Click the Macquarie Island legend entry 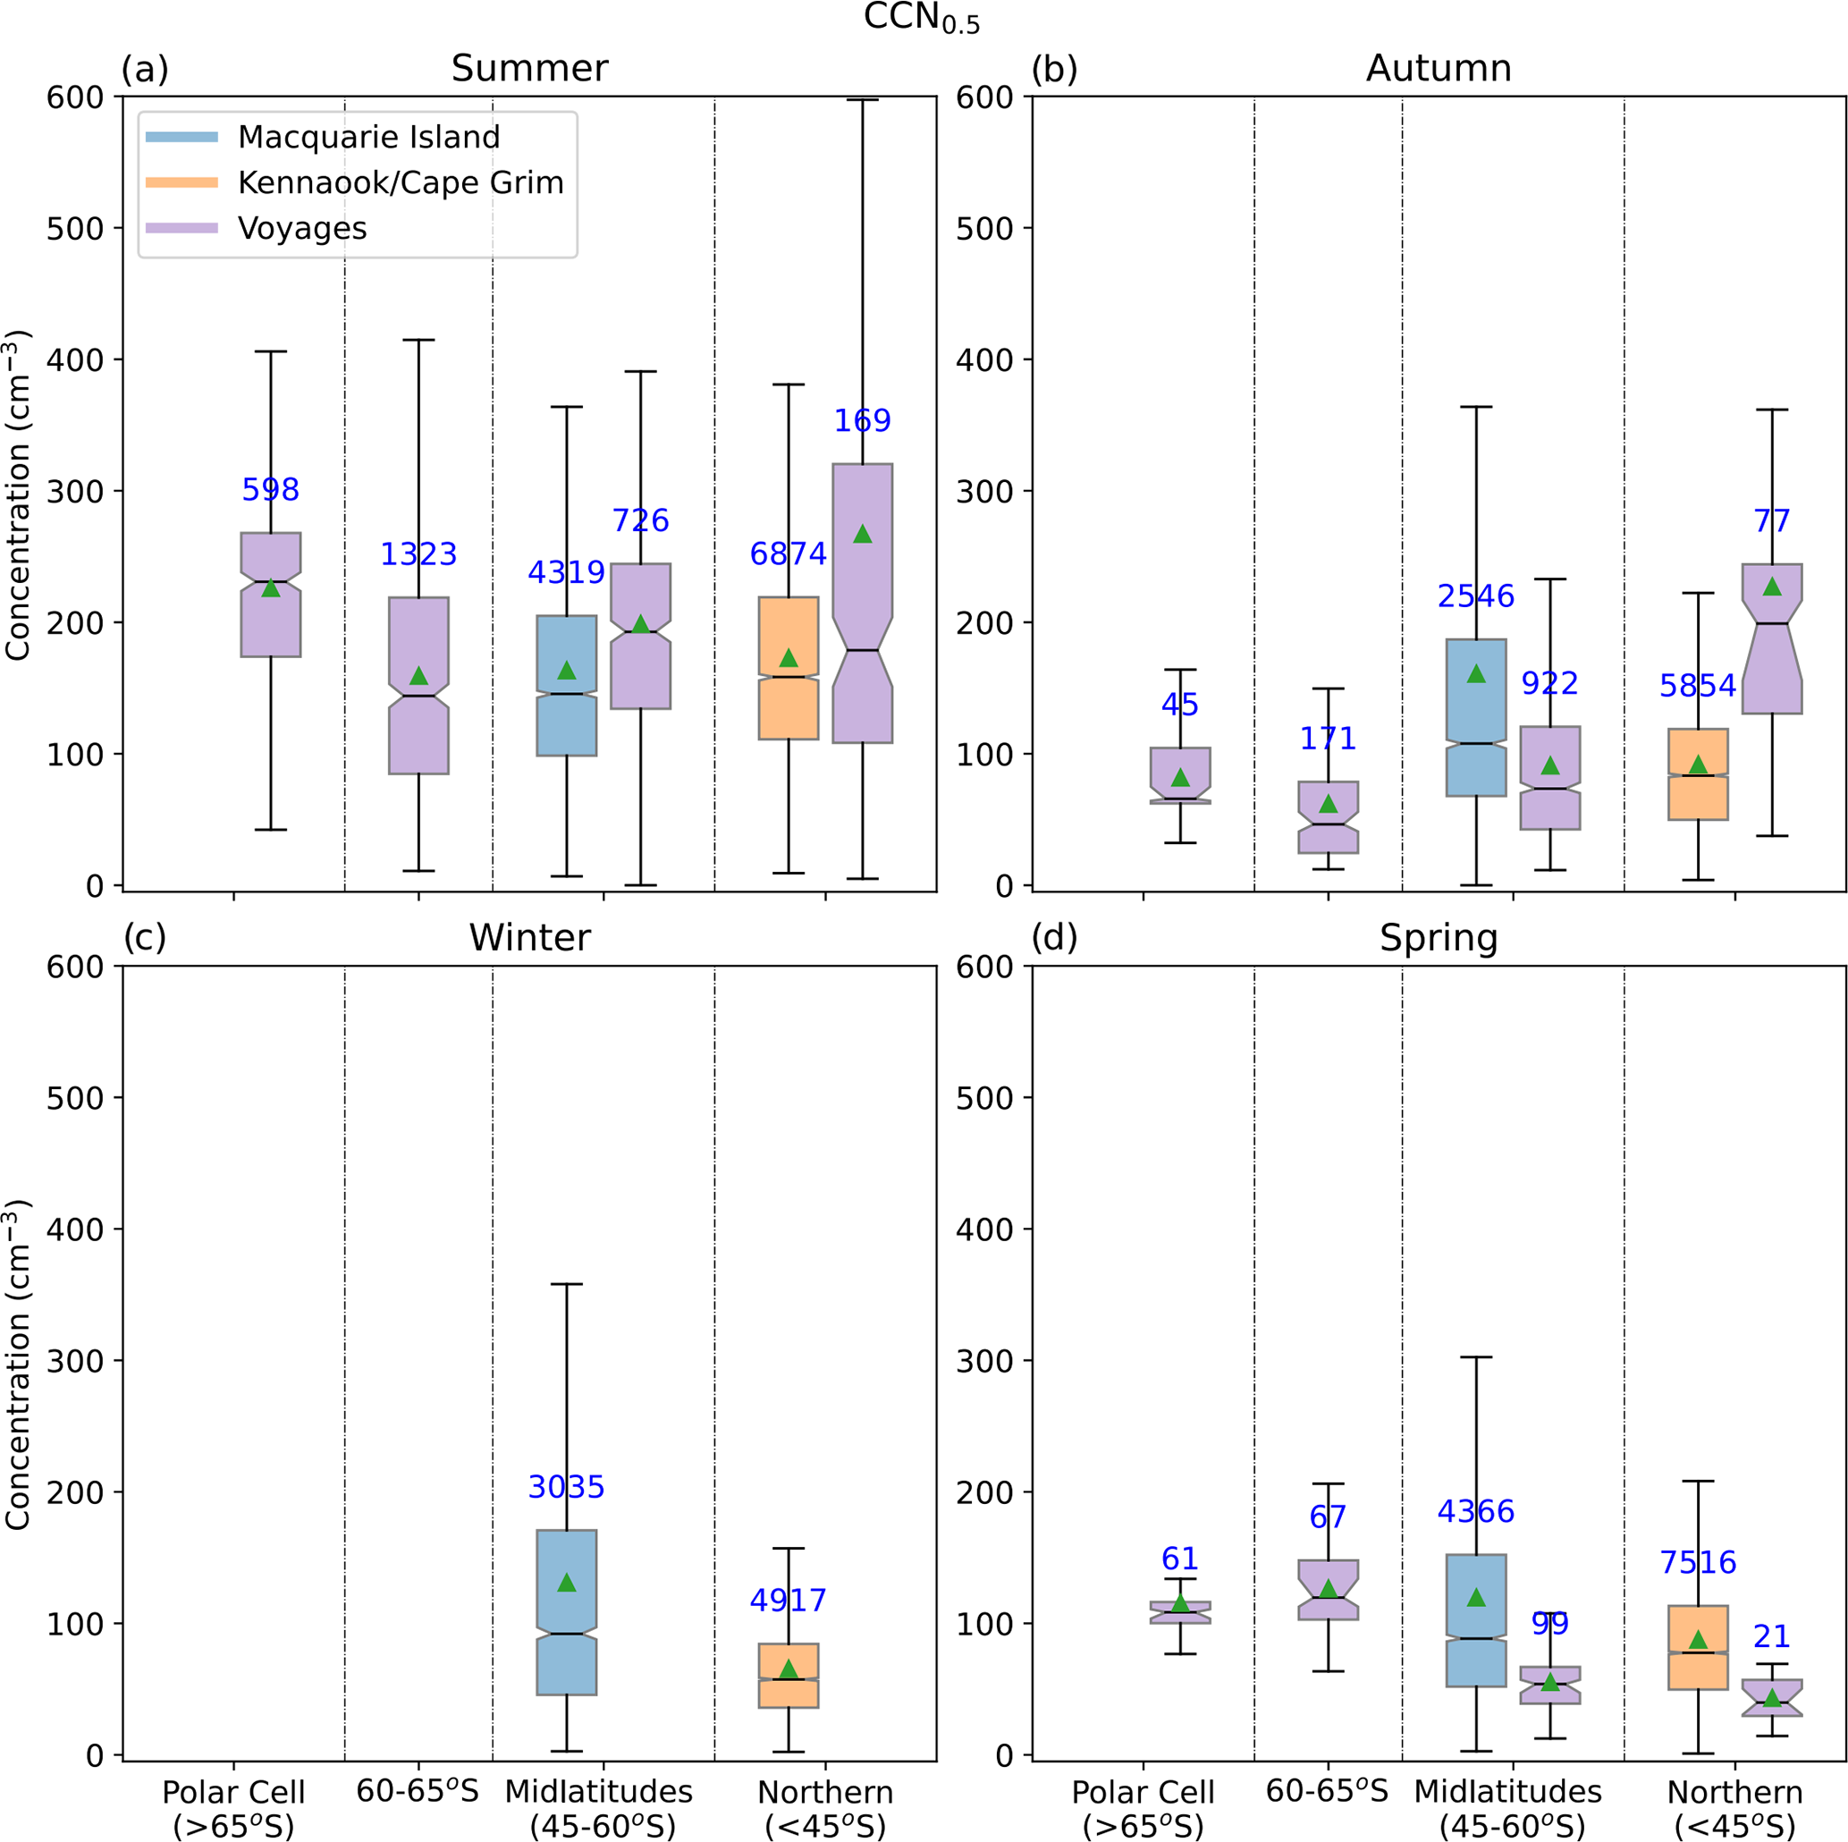368,137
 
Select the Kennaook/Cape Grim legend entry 400,182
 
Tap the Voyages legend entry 302,229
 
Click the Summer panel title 529,69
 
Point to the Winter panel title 529,938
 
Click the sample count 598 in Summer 271,490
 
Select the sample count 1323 419,554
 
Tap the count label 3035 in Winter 566,1487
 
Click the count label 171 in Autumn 1328,739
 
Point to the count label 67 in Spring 1328,1517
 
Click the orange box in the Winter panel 789,1675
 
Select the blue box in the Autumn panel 1476,717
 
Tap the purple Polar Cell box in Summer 271,595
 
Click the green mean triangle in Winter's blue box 566,1583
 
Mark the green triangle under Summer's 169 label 863,534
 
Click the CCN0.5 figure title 921,17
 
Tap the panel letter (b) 1054,69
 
